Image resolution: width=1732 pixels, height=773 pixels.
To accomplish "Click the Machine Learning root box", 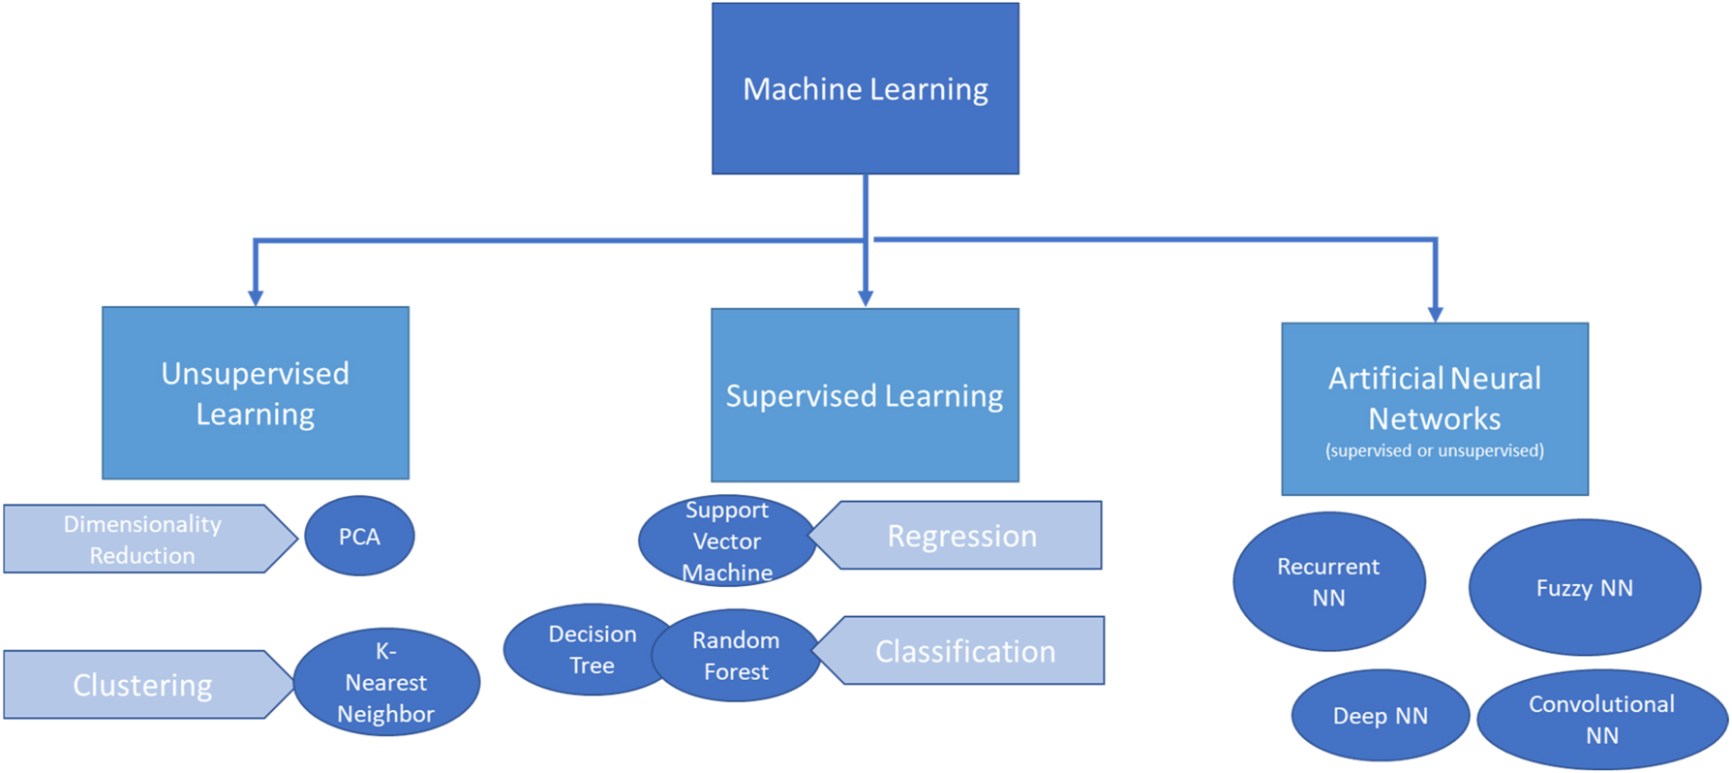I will coord(865,88).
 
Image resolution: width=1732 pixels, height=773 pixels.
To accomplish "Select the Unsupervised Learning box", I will coord(255,392).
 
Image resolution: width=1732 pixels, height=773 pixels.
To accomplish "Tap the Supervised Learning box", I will coord(865,395).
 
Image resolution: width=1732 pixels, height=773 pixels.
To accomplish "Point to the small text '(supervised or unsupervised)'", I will coord(1434,450).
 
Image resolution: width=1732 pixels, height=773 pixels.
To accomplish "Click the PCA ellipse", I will coord(359,537).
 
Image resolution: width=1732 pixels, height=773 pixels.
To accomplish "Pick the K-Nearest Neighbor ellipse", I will coord(386,683).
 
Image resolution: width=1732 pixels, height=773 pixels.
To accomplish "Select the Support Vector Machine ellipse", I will coord(726,541).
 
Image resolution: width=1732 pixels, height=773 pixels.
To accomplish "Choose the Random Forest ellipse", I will coord(737,656).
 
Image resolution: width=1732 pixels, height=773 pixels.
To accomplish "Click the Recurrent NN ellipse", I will coord(1328,581).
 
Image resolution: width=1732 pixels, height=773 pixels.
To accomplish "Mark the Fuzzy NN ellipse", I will coord(1584,588).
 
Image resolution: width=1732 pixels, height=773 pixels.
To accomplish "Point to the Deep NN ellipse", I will coord(1380,716).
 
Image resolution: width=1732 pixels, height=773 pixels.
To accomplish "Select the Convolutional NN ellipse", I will coord(1601,719).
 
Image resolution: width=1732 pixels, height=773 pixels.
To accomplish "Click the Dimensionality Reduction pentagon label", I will coord(143,540).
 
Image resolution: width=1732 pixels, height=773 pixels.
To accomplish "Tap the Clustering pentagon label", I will coord(143,685).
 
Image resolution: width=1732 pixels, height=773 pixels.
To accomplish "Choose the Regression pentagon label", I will coord(963,536).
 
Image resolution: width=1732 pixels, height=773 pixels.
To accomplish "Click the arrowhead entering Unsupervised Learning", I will coord(256,298).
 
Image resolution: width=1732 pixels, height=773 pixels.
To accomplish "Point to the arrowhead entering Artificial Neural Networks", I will coord(1435,314).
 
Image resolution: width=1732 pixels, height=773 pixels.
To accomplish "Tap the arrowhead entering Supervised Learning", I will coord(866,298).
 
